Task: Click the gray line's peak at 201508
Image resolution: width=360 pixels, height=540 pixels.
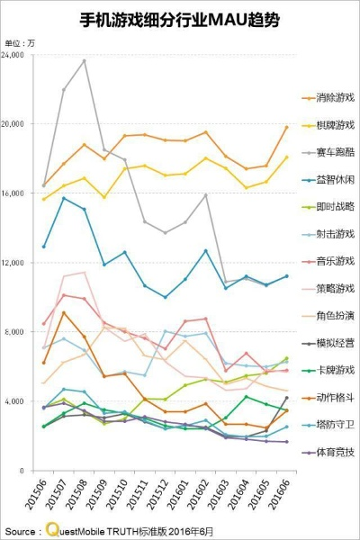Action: click(85, 60)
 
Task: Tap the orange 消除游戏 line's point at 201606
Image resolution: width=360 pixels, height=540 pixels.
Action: click(286, 127)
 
